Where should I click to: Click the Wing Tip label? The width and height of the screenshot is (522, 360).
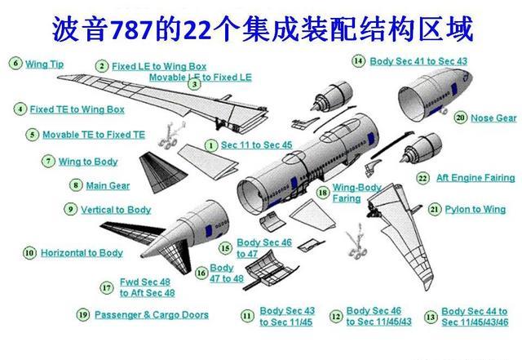pyautogui.click(x=44, y=63)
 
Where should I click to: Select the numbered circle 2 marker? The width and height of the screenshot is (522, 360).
pyautogui.click(x=102, y=66)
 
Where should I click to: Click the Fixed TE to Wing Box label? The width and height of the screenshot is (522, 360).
pyautogui.click(x=77, y=109)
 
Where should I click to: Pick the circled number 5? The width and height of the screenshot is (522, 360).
pyautogui.click(x=32, y=135)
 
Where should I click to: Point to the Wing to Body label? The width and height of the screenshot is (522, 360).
pyautogui.click(x=87, y=162)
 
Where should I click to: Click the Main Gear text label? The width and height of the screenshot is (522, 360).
pyautogui.click(x=108, y=185)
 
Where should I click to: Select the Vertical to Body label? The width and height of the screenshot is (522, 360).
pyautogui.click(x=116, y=210)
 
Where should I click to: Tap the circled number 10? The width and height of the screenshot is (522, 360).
pyautogui.click(x=29, y=253)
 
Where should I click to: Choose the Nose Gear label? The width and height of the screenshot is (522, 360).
pyautogui.click(x=493, y=118)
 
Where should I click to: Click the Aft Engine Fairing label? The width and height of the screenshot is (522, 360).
pyautogui.click(x=476, y=178)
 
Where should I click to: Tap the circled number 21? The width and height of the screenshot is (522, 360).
pyautogui.click(x=435, y=209)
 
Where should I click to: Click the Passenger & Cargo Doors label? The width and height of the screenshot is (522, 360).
pyautogui.click(x=151, y=315)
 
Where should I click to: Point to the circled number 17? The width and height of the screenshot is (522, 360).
pyautogui.click(x=107, y=287)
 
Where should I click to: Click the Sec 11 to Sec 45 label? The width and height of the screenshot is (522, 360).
pyautogui.click(x=256, y=144)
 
